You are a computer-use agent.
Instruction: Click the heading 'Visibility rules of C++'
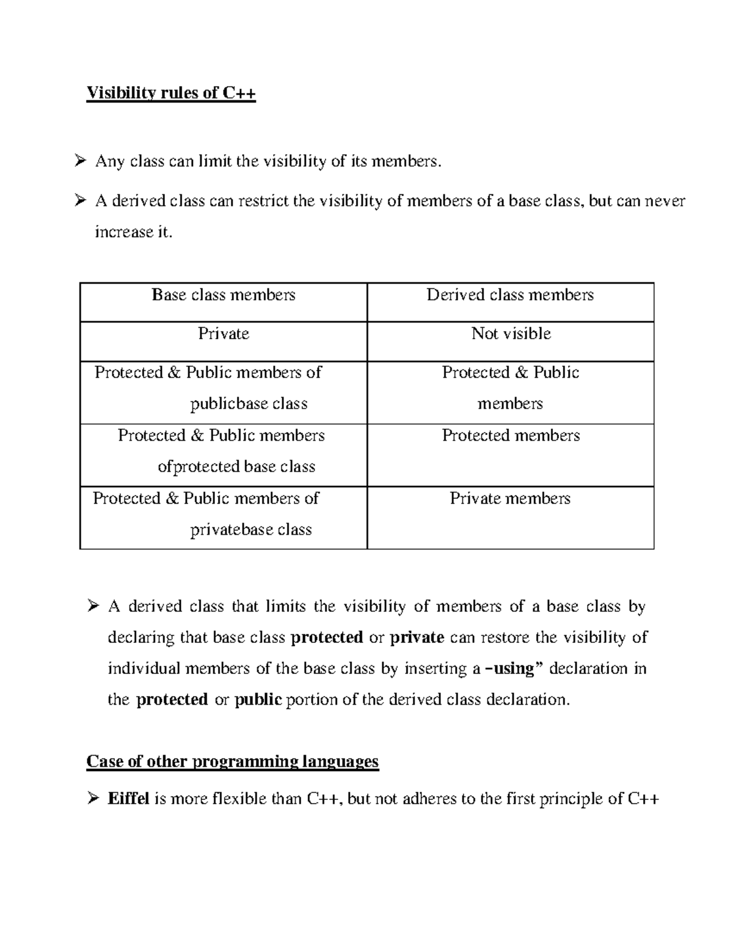point(171,93)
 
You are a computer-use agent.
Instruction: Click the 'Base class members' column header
point(224,295)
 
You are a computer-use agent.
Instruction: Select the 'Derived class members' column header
point(510,295)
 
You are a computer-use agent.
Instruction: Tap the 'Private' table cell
point(224,334)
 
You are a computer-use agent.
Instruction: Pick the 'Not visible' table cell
point(511,334)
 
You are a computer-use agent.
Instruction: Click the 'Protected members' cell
point(511,436)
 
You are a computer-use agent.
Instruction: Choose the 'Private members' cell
point(510,499)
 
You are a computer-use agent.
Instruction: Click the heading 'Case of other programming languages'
point(233,761)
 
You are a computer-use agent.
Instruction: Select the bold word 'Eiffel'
point(128,799)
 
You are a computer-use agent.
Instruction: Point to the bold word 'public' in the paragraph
point(258,700)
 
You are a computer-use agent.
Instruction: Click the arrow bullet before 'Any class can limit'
point(79,161)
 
